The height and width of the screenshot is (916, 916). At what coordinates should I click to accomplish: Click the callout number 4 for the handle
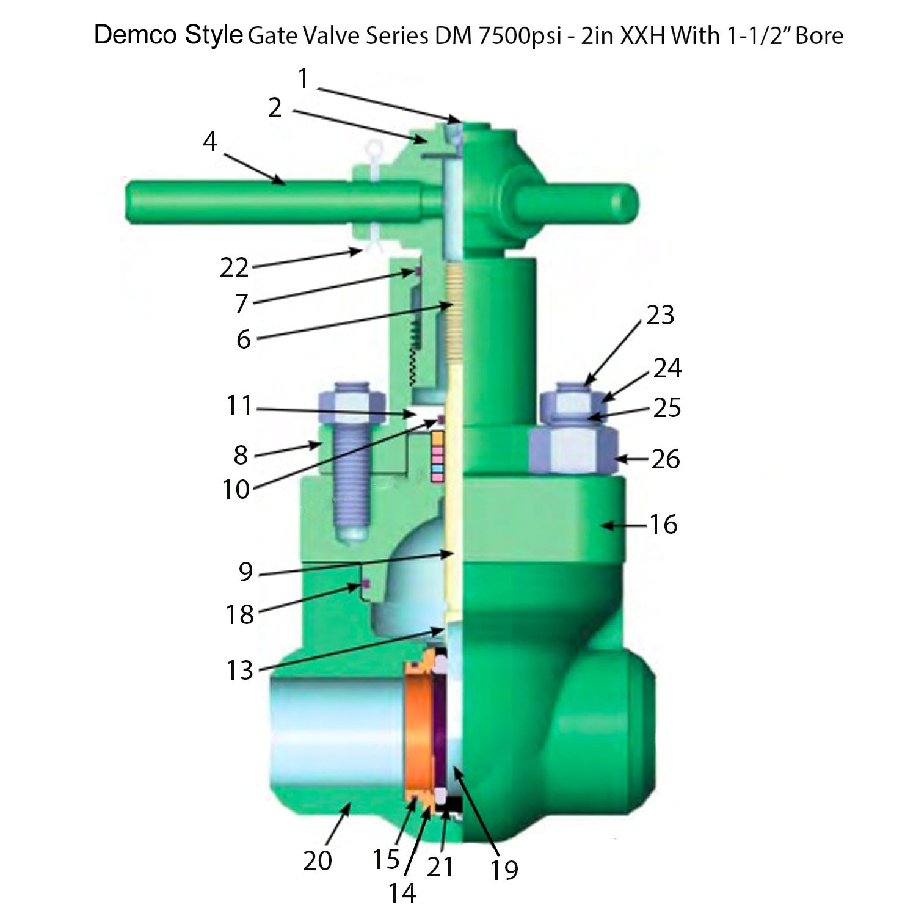tap(209, 142)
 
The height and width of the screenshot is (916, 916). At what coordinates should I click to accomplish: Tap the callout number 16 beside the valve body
tap(663, 525)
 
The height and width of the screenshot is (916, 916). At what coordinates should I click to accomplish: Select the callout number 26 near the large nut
tap(665, 459)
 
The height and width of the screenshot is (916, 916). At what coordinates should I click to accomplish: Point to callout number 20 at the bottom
tap(317, 860)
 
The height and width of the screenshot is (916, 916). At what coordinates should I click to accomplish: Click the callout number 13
tap(239, 670)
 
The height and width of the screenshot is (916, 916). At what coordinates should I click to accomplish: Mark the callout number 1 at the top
tap(304, 79)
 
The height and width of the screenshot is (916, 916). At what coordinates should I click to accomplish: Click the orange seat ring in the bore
tap(419, 733)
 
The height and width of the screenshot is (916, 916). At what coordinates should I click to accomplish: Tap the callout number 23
tap(660, 314)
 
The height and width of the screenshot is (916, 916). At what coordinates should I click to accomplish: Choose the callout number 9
tap(245, 572)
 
